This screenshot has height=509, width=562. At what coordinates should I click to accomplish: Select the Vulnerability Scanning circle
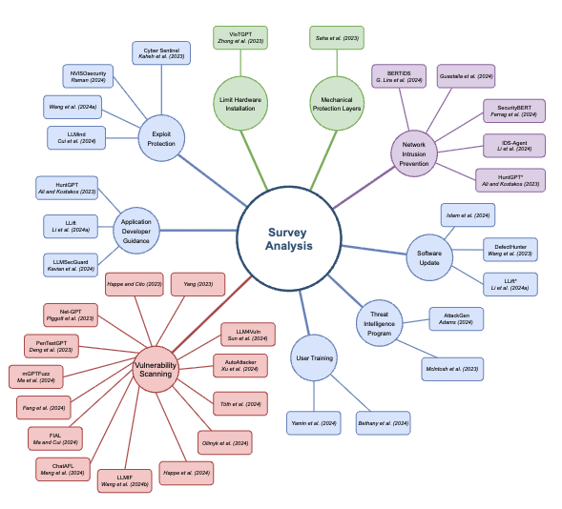click(152, 367)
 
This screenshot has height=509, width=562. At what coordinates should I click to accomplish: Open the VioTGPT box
click(240, 37)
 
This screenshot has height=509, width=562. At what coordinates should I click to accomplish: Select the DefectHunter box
click(510, 250)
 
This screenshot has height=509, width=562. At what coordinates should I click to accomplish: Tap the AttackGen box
click(457, 317)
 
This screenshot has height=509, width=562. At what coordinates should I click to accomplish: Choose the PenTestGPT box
click(52, 345)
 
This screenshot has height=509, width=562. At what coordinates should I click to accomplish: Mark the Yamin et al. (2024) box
click(314, 422)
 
